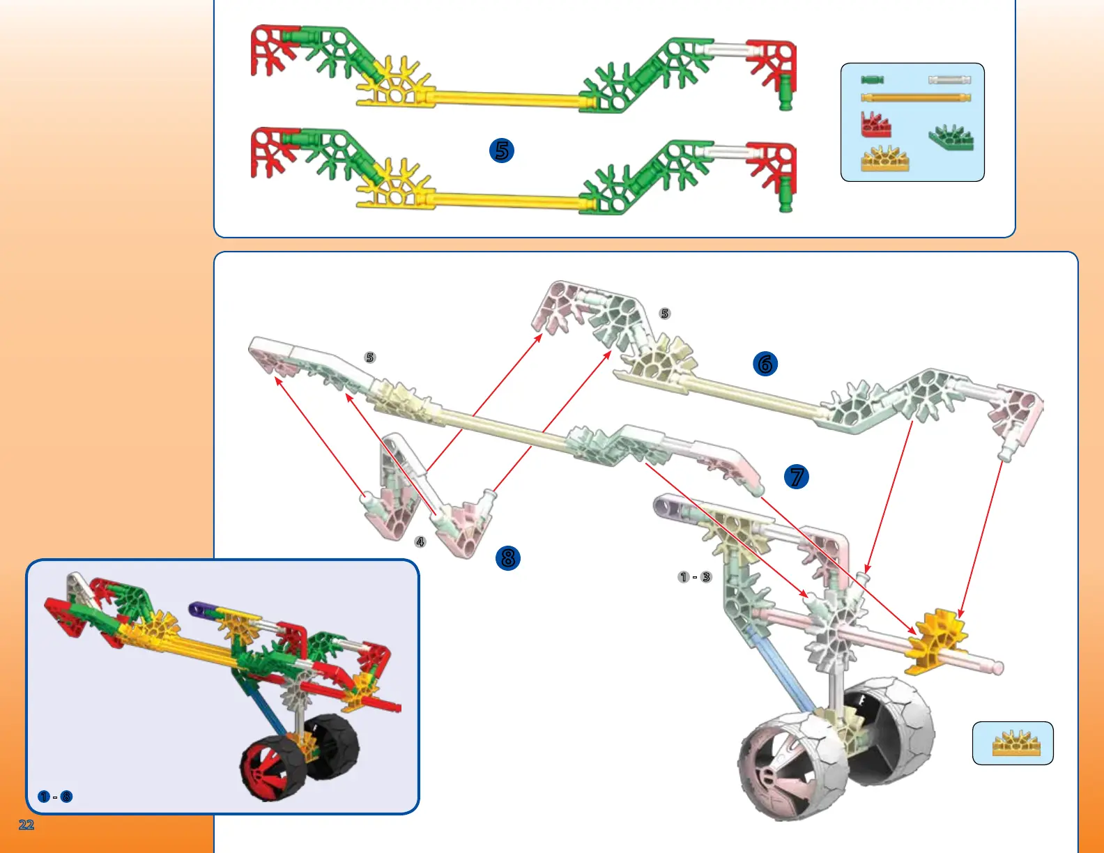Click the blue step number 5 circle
tap(502, 150)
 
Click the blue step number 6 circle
tap(765, 363)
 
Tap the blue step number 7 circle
tap(797, 477)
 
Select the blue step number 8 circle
tap(508, 558)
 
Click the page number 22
tap(26, 824)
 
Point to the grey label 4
tap(420, 541)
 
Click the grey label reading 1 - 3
tap(695, 577)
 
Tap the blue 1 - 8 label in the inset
tap(55, 797)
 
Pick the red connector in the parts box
tap(875, 125)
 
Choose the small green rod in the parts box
tap(872, 80)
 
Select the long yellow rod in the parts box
tap(915, 98)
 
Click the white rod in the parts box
tap(949, 80)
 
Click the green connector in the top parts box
tap(951, 137)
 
